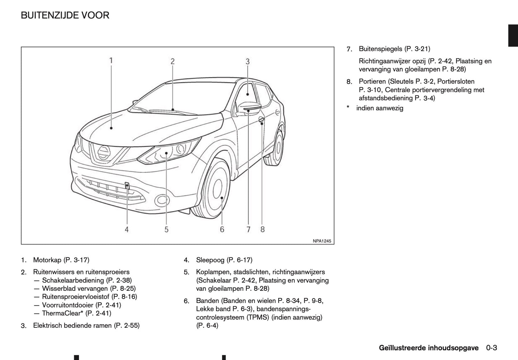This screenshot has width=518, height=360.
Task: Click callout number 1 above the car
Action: [x=111, y=60]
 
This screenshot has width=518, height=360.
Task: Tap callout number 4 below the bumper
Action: [x=127, y=229]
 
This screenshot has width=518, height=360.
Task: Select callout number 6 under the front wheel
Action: [x=222, y=229]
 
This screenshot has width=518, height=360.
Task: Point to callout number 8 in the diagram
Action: [x=262, y=229]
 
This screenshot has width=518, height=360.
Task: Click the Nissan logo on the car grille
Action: [x=104, y=152]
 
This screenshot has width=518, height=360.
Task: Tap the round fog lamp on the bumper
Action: [x=163, y=200]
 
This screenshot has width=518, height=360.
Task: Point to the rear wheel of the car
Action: [x=279, y=147]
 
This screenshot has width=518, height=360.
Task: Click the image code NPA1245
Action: [x=321, y=241]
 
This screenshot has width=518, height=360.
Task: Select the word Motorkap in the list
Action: [x=47, y=260]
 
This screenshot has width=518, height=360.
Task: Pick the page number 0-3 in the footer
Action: [x=491, y=348]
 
